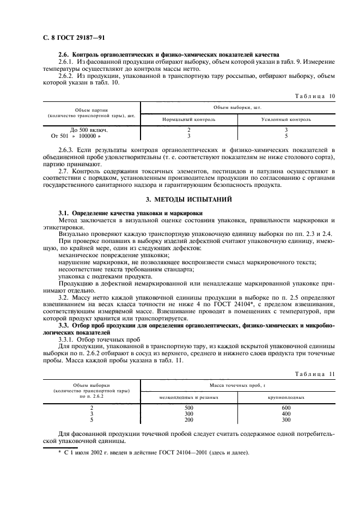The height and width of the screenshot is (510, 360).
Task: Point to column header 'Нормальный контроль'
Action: pos(189,119)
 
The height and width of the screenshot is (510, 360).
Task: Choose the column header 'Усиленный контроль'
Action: pos(286,119)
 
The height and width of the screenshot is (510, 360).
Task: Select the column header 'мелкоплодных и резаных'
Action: pos(189,398)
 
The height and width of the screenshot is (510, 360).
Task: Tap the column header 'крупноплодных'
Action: pos(286,398)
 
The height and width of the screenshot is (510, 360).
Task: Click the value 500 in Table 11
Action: pos(189,408)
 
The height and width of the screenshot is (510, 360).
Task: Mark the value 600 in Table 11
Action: pos(286,408)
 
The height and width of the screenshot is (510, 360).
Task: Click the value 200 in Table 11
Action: pos(189,420)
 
